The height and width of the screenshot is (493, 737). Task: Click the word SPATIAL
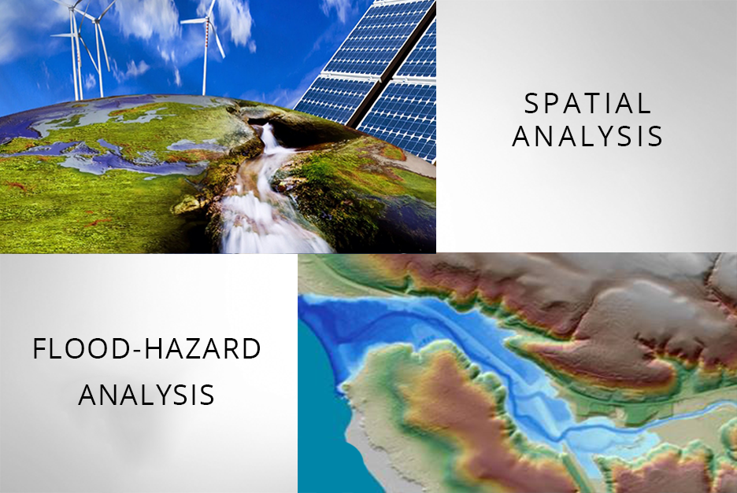[587, 103]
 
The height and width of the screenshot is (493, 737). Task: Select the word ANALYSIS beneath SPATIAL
[587, 136]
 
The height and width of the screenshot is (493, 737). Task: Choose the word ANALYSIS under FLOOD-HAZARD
[146, 395]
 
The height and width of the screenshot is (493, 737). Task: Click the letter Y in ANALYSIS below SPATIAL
[609, 136]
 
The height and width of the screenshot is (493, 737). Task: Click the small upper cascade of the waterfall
[269, 137]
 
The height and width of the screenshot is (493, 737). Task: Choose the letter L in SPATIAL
[645, 103]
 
